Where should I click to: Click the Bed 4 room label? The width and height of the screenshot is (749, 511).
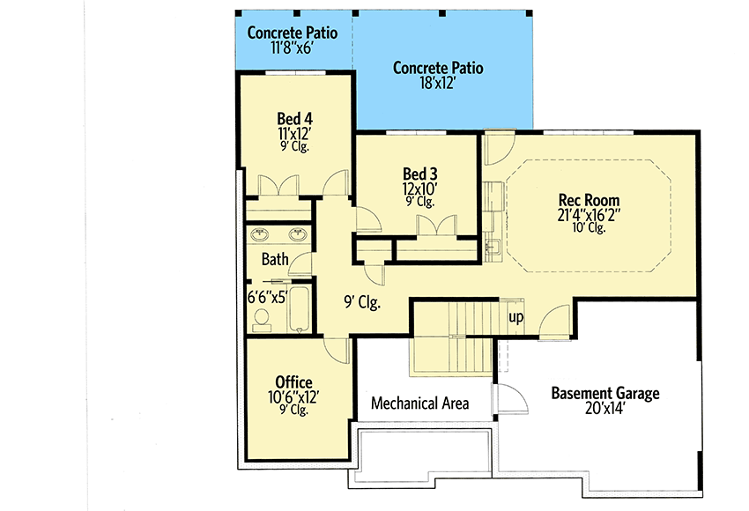coord(294,118)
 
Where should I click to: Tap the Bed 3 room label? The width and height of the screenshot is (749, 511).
coord(419,174)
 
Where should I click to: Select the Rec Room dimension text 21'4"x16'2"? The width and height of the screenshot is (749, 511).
coord(589,215)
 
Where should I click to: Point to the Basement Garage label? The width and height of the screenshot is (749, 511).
coord(605,393)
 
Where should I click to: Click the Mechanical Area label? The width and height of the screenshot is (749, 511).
coord(419,404)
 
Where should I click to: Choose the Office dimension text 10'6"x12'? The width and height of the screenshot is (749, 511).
coord(293,396)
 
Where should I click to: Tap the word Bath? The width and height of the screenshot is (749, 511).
coord(275,259)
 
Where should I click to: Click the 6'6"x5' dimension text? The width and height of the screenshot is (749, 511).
coord(267,298)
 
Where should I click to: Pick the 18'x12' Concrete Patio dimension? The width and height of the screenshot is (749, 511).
coord(438,83)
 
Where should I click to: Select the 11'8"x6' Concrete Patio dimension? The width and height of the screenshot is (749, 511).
coord(292,48)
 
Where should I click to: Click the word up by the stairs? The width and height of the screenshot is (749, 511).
coord(515,317)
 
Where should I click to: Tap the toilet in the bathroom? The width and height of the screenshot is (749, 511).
coord(262,320)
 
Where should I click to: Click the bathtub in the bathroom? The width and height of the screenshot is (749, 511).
coord(299,308)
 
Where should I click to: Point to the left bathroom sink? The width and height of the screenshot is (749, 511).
coord(259,234)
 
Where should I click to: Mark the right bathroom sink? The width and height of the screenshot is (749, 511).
coord(298,234)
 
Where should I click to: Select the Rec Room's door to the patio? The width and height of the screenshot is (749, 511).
coord(499,147)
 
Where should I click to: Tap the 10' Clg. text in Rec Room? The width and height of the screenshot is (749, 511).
coord(589,228)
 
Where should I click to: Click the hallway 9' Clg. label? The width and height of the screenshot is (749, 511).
coord(362,302)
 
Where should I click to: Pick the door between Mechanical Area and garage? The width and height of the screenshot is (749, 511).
coord(511,399)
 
